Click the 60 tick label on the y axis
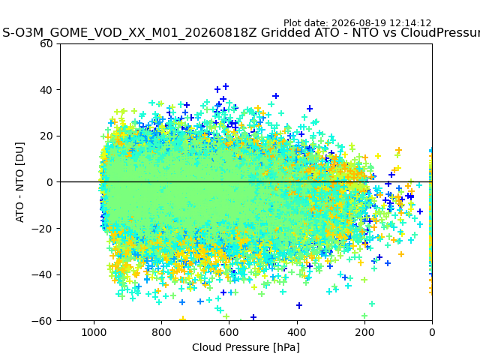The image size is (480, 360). (x=46, y=43)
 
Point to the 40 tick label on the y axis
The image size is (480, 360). (x=46, y=90)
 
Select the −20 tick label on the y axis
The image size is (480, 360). (x=42, y=228)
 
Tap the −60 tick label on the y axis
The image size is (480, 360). (x=42, y=321)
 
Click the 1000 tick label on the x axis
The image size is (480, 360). (x=94, y=332)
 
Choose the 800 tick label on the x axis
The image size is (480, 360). (x=162, y=332)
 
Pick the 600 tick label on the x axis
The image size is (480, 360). (x=229, y=332)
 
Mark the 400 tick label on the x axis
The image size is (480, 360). (x=297, y=332)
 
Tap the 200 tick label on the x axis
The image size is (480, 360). (x=364, y=332)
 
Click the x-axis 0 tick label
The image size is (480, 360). (x=432, y=332)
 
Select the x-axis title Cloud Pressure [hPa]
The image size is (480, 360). (x=246, y=348)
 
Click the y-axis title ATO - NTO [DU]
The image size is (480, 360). (x=19, y=182)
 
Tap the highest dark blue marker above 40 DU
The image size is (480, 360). (x=226, y=87)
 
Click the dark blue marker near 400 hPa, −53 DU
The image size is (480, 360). (x=299, y=305)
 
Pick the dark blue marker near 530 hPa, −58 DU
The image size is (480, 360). (x=253, y=317)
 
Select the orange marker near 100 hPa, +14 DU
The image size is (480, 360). (x=398, y=150)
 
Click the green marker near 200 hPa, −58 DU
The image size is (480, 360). (x=364, y=316)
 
